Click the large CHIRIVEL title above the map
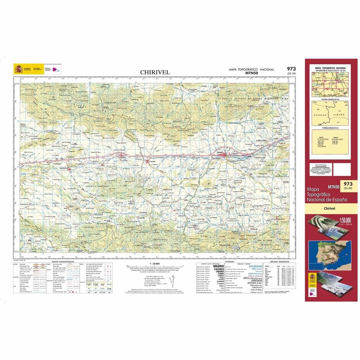pyautogui.click(x=155, y=72)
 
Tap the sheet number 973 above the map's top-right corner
pyautogui.click(x=291, y=69)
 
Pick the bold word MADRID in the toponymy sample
pyautogui.click(x=218, y=266)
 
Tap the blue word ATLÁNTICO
pyautogui.click(x=255, y=266)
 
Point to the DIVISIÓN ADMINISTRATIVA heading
pyautogui.click(x=330, y=99)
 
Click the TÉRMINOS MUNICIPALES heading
pyautogui.click(x=330, y=128)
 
